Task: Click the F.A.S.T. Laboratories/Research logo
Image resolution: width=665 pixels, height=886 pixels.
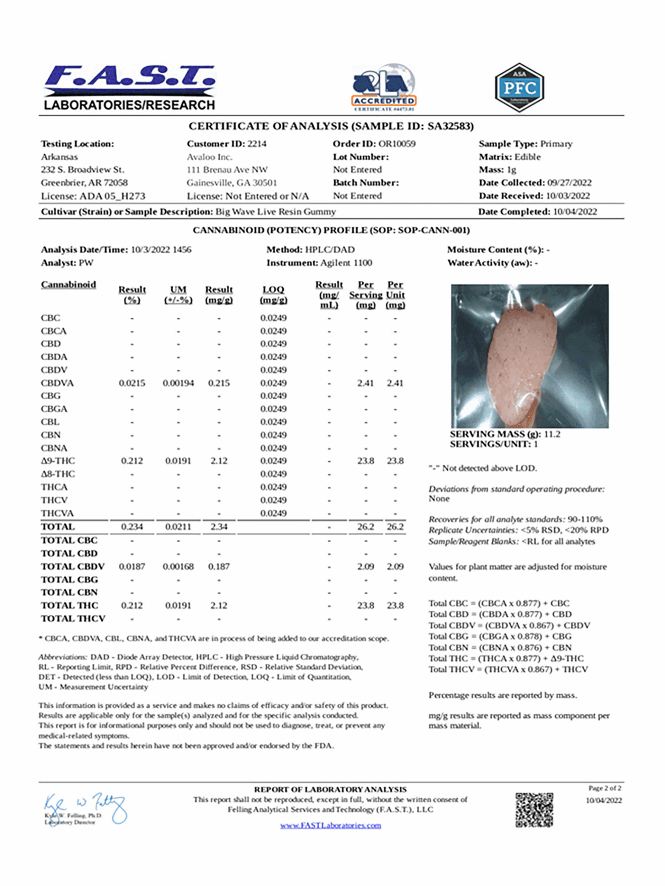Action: pos(129,88)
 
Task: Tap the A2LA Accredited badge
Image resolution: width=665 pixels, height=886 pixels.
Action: pos(384,87)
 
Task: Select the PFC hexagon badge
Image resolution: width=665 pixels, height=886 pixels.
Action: pos(519,87)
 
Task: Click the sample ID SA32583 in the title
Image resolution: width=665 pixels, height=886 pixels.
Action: pos(450,126)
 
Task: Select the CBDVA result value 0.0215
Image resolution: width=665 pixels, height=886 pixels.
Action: pos(132,383)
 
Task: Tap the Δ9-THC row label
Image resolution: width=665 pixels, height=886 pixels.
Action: pos(58,461)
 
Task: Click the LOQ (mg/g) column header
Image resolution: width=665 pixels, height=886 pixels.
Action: pos(273,295)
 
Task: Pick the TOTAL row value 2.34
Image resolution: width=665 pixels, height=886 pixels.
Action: pos(219,526)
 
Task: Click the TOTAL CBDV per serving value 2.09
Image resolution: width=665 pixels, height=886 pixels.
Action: pos(365,566)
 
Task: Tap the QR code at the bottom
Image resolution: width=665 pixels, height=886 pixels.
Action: pos(534,810)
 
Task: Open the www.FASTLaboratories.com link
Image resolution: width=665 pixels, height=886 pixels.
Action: pos(330,825)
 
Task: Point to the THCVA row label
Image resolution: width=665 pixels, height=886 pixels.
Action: pos(57,513)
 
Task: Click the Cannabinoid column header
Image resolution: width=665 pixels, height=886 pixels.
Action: pos(69,284)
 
